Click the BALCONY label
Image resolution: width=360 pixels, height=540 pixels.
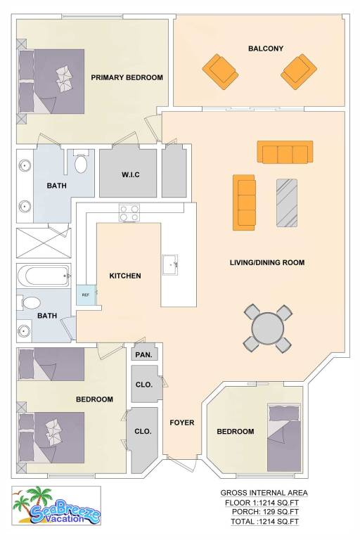tap(266, 49)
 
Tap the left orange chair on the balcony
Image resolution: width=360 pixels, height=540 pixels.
tap(220, 72)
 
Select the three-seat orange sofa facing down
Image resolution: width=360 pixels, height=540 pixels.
tap(285, 152)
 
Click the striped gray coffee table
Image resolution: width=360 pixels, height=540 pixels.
tap(287, 202)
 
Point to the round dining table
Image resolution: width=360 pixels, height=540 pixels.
tap(268, 328)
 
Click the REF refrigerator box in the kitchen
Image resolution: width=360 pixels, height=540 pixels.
tap(86, 295)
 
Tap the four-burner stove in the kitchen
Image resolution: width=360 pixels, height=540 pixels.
tap(129, 213)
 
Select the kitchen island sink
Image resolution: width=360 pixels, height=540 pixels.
tap(170, 265)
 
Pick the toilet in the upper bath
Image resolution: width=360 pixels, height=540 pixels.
tap(81, 162)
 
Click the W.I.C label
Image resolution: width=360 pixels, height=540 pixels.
tap(131, 174)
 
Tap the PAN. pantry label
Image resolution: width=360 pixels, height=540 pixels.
tap(144, 354)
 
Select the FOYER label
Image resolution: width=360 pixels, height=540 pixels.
tap(182, 423)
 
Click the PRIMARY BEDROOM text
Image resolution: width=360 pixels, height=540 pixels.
tap(127, 77)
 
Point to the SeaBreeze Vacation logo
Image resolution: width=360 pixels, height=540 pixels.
tap(56, 506)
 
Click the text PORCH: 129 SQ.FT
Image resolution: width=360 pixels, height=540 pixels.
tap(265, 512)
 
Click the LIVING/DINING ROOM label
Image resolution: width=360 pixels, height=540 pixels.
tap(267, 262)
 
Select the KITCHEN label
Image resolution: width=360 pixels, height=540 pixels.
tap(125, 276)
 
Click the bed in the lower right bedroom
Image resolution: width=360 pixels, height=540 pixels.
tap(284, 439)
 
